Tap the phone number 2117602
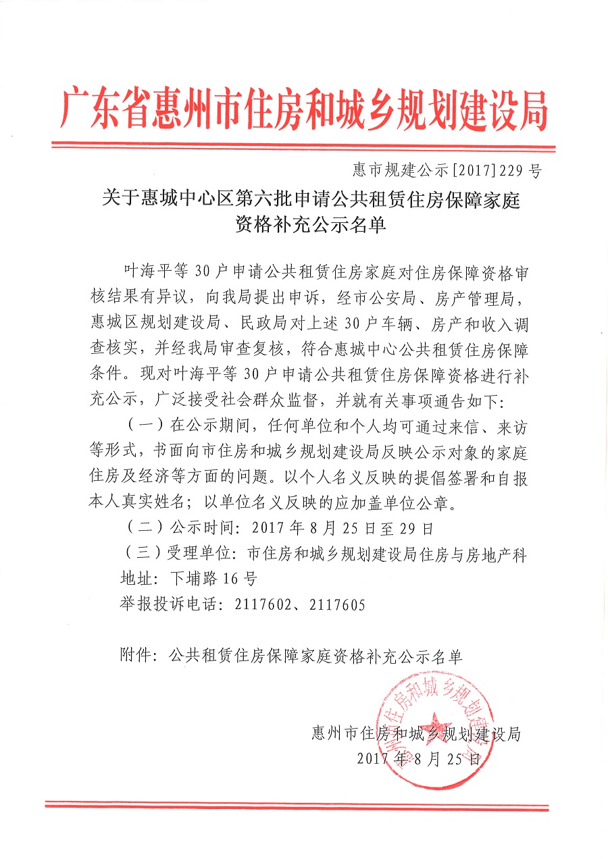click(x=263, y=604)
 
